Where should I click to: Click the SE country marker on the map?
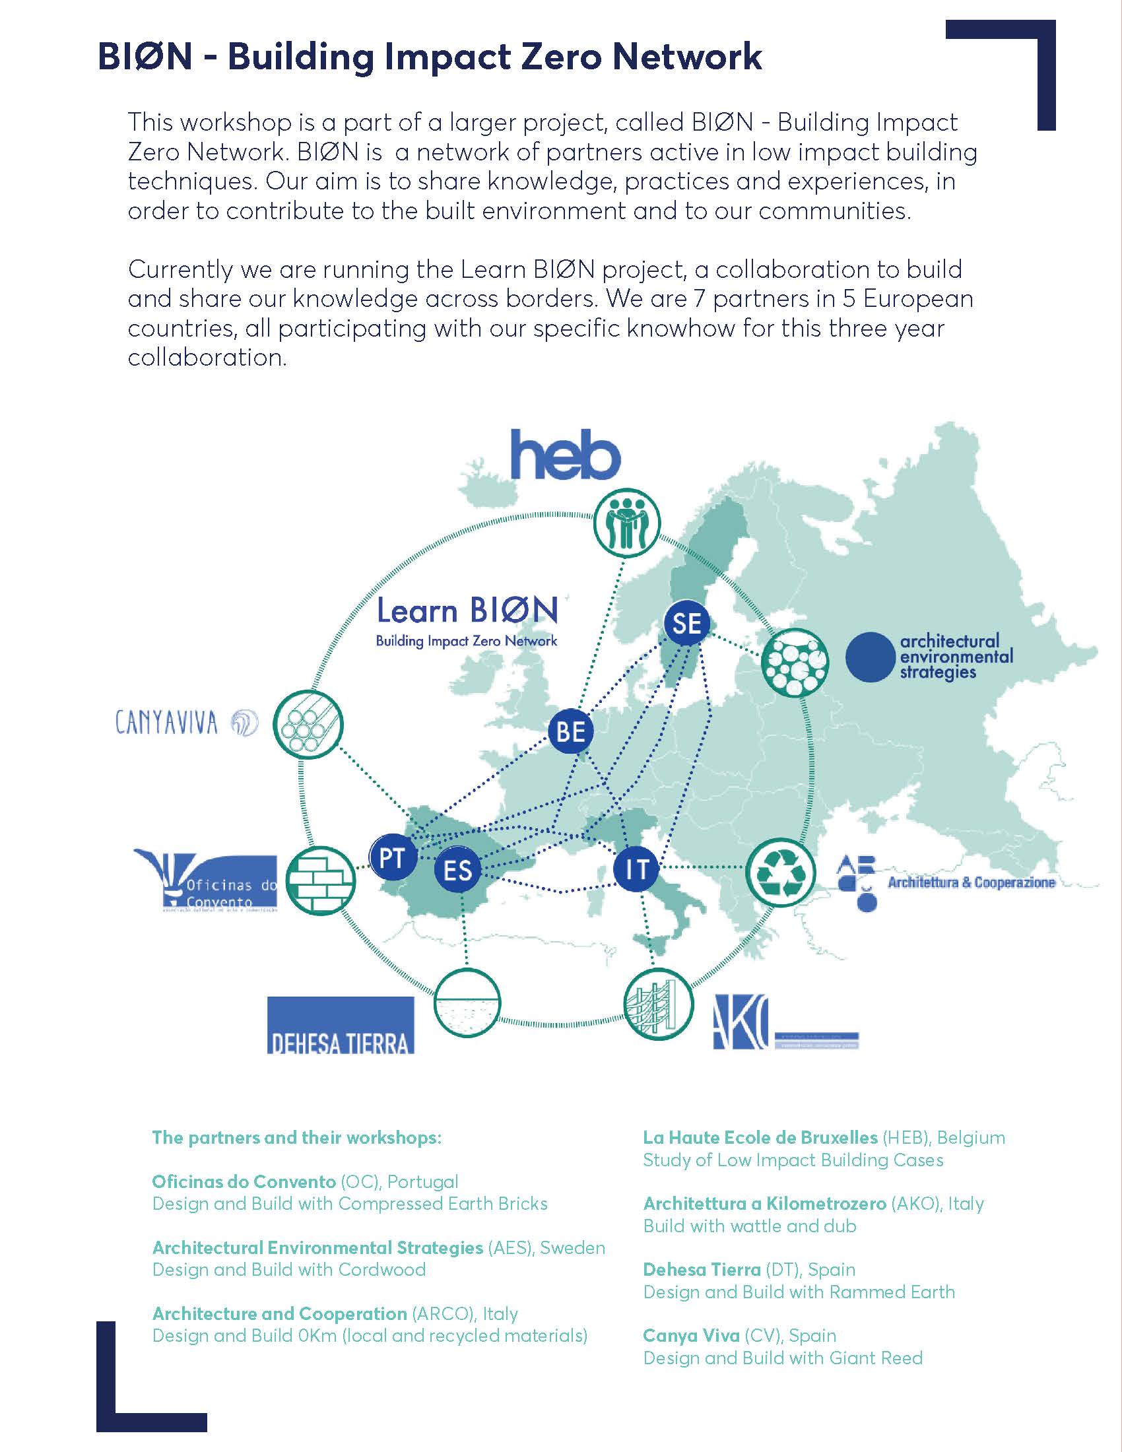pyautogui.click(x=686, y=623)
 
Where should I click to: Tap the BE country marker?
pyautogui.click(x=570, y=731)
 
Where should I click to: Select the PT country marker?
pyautogui.click(x=392, y=858)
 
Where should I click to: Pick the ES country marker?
pyautogui.click(x=457, y=871)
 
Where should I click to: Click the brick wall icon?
pyautogui.click(x=321, y=881)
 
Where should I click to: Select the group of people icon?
pyautogui.click(x=628, y=523)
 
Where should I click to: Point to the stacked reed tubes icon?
pyautogui.click(x=310, y=725)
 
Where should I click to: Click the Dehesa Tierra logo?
pyautogui.click(x=341, y=1024)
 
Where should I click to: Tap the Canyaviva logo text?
pyautogui.click(x=167, y=723)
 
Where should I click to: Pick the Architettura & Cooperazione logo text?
pyautogui.click(x=971, y=883)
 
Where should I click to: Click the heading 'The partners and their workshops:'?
pyautogui.click(x=296, y=1138)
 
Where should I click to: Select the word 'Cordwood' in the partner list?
pyautogui.click(x=381, y=1270)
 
